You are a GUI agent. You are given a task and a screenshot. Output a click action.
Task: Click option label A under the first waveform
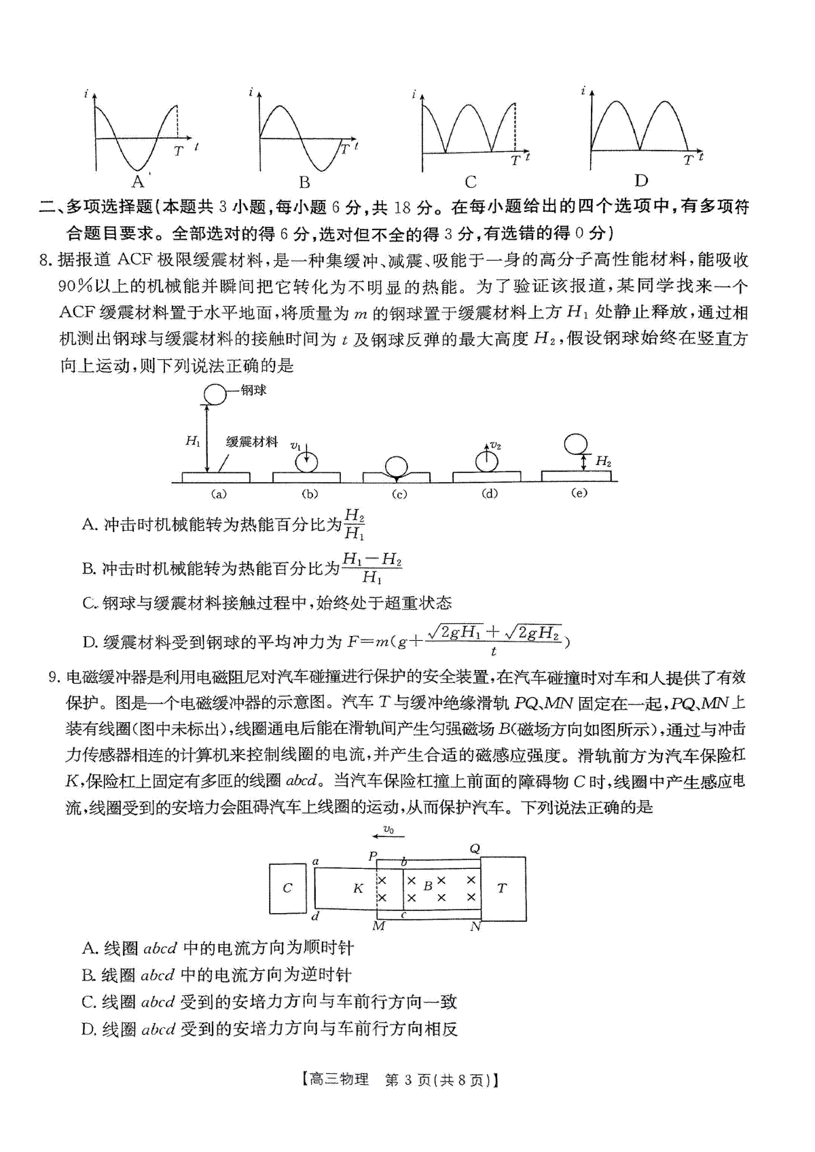click(138, 181)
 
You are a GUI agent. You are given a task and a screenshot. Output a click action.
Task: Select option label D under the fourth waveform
click(640, 180)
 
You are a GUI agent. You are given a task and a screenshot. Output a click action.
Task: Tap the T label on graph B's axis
click(344, 149)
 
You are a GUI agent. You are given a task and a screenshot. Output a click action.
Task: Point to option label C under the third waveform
click(471, 181)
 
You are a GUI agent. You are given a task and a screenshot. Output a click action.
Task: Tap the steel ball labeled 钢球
click(215, 394)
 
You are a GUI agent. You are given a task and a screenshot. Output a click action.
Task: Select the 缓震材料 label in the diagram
click(252, 441)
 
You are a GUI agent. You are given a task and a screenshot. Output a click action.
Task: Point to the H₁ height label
click(193, 441)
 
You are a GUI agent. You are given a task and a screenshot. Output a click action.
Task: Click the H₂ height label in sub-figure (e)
click(602, 462)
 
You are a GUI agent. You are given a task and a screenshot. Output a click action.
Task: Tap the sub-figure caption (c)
click(399, 494)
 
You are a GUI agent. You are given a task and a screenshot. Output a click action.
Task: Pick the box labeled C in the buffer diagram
click(287, 888)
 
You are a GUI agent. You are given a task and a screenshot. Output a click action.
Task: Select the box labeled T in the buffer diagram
click(502, 888)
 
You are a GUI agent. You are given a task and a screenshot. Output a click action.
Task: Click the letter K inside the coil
click(358, 888)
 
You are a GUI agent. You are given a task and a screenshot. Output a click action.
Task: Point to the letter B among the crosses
click(428, 885)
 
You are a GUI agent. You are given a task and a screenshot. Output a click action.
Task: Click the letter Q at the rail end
click(475, 849)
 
